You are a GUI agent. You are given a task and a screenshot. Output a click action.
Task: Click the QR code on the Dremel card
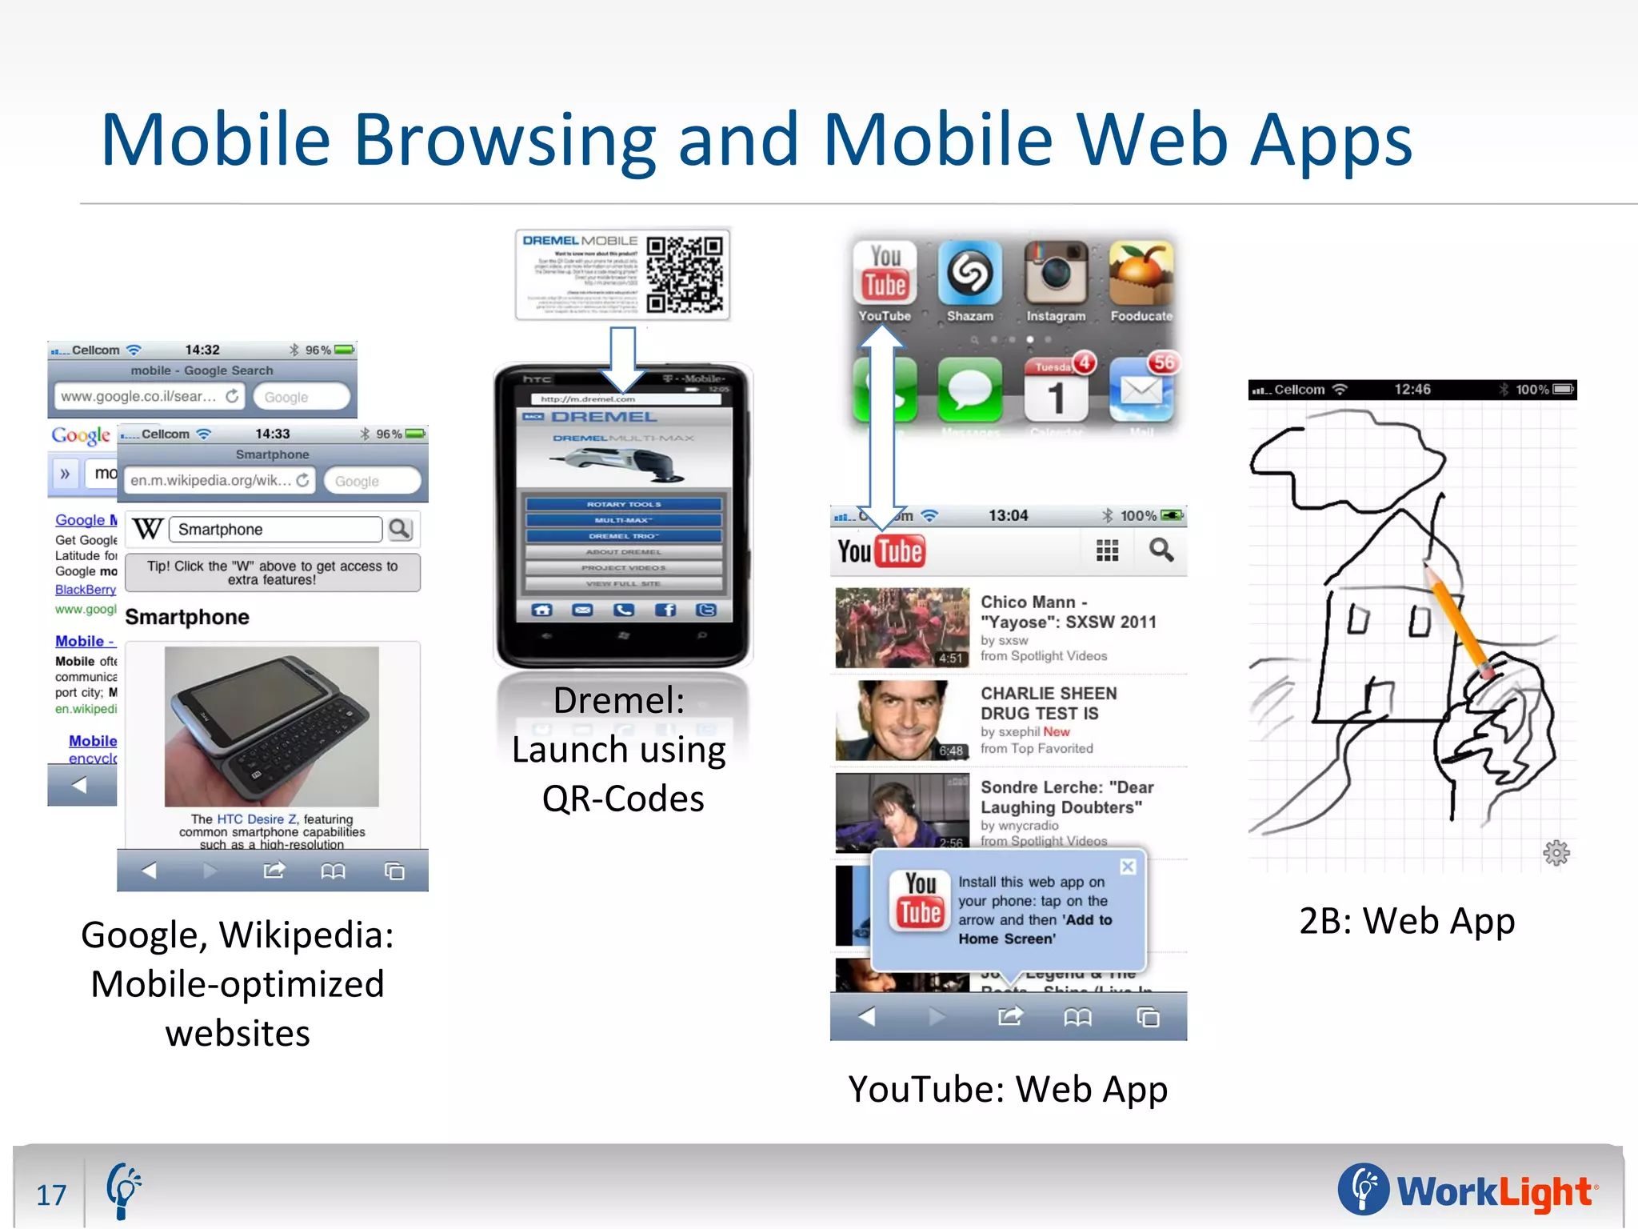click(685, 274)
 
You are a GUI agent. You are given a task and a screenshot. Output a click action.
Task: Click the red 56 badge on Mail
click(1164, 362)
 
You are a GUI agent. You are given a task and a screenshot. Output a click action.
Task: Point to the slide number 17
click(51, 1195)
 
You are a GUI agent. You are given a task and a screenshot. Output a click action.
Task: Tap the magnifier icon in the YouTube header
click(1161, 550)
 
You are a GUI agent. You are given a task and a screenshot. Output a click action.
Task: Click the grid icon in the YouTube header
click(1107, 550)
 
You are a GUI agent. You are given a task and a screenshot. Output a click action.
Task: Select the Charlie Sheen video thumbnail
click(901, 720)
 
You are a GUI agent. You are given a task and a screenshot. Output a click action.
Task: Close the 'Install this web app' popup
click(1128, 867)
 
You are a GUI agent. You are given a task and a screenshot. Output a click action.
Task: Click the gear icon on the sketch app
click(1556, 853)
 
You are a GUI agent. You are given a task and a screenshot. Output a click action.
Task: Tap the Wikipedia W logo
click(148, 529)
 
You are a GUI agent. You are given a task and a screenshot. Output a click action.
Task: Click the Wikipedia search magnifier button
click(399, 529)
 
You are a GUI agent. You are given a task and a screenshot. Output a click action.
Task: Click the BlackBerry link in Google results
click(86, 590)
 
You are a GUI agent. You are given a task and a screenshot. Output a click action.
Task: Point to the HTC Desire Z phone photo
click(272, 726)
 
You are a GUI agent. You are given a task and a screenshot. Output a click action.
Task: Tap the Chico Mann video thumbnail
click(901, 628)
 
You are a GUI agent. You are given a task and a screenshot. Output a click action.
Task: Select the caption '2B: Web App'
click(1407, 921)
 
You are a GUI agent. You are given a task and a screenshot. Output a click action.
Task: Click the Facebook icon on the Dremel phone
click(665, 610)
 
